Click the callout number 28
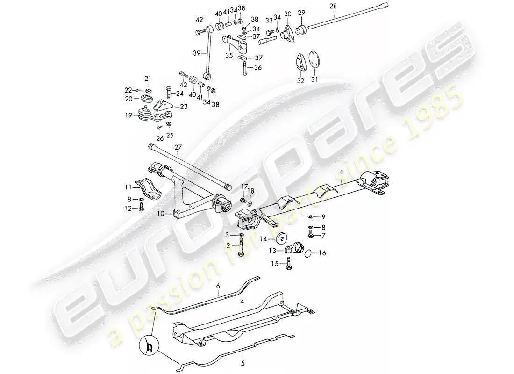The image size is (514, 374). click(x=333, y=7)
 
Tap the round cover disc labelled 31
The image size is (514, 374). click(x=314, y=60)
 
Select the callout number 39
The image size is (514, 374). click(x=196, y=53)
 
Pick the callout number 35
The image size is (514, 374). click(x=229, y=56)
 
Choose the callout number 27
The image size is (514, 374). click(x=178, y=148)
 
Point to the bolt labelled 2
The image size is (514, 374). click(x=241, y=248)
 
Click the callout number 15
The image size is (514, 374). click(x=275, y=264)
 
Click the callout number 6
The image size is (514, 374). click(x=218, y=286)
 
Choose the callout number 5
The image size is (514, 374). click(x=243, y=364)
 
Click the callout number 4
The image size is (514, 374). click(x=242, y=301)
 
